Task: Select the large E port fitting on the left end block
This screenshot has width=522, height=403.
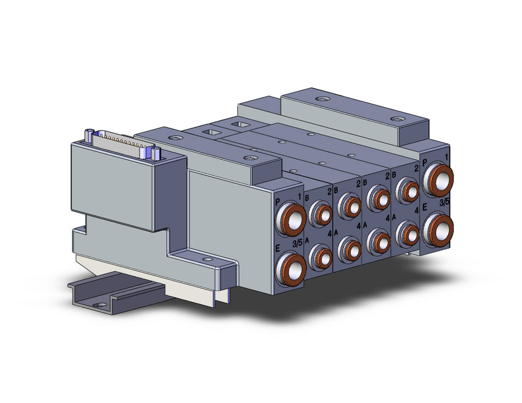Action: pyautogui.click(x=290, y=268)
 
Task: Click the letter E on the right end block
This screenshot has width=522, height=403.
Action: pyautogui.click(x=425, y=208)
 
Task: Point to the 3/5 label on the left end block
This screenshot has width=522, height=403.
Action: pyautogui.click(x=297, y=244)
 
